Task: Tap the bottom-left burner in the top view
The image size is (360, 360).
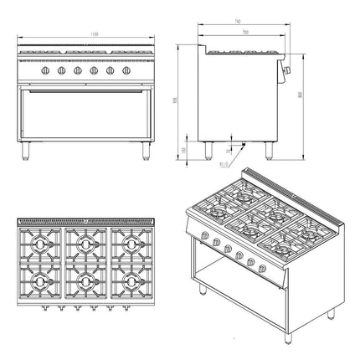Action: click(38, 282)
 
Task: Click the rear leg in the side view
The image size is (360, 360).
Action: click(205, 150)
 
